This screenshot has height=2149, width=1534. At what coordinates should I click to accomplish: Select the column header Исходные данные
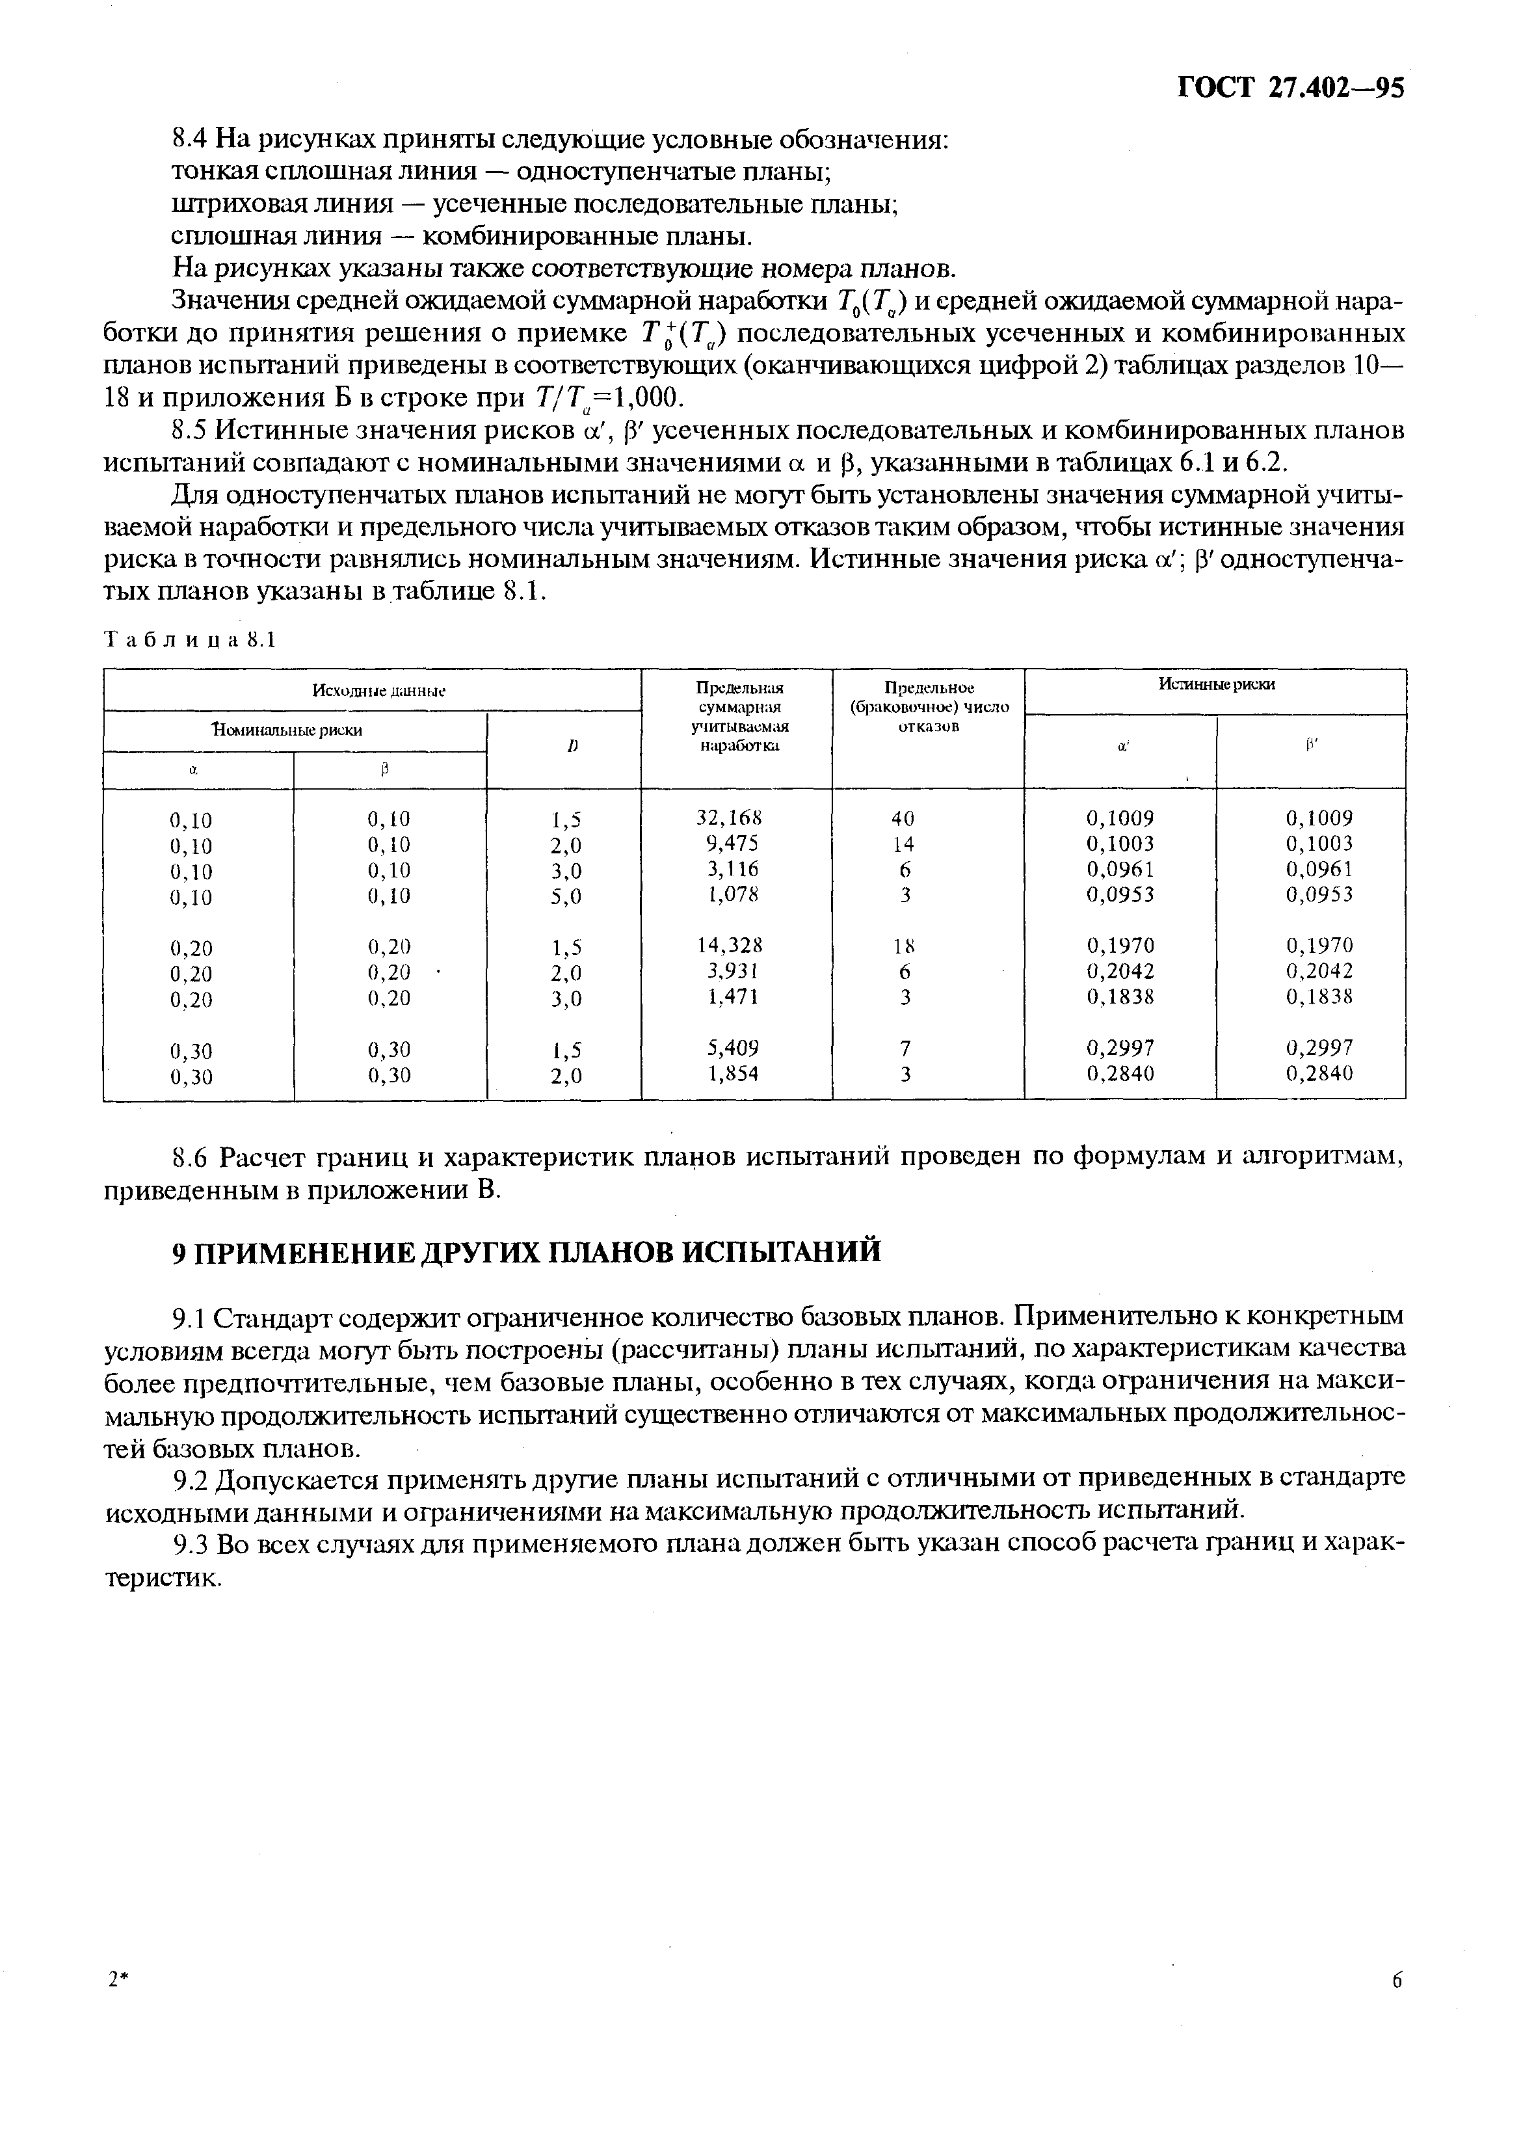[x=378, y=691]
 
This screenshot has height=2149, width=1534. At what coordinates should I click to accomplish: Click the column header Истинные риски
[x=1215, y=685]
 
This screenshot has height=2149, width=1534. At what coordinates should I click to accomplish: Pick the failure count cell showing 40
[x=905, y=819]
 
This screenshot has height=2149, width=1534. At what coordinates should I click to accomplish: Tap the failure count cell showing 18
[x=905, y=946]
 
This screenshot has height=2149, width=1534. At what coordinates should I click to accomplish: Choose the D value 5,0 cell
[x=566, y=896]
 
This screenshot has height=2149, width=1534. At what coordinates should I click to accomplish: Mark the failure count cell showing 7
[x=905, y=1048]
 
